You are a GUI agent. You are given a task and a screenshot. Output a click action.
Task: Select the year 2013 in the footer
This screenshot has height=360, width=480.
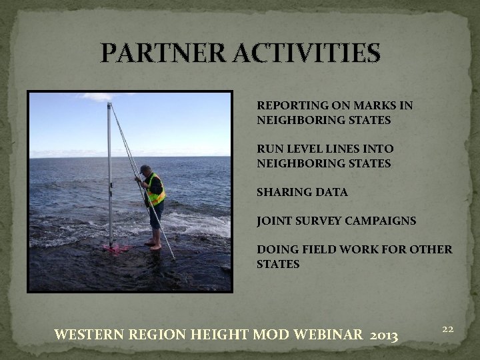(382, 333)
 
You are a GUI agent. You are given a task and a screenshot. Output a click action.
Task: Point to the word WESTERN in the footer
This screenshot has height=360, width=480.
(89, 333)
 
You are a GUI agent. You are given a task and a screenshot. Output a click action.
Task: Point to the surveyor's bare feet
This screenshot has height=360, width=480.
(155, 247)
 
